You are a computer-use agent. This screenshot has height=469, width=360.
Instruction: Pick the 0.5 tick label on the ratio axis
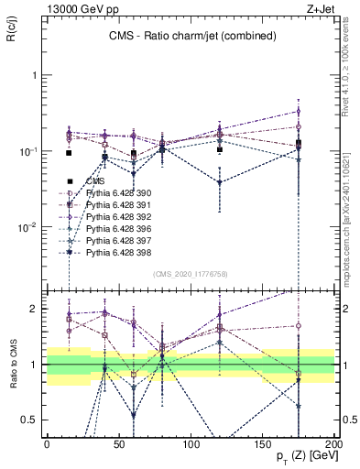coord(32,420)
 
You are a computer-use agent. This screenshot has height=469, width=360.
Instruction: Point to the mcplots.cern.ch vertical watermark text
coord(351,229)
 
